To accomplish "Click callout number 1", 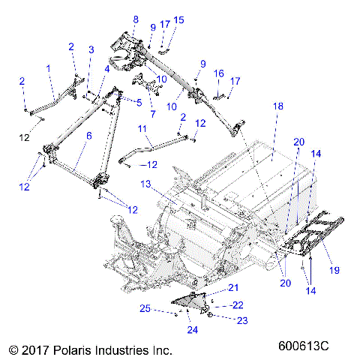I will (48, 68).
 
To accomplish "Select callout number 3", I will (90, 49).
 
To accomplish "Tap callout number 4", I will (108, 69).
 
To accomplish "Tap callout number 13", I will (146, 184).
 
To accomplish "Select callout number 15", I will (178, 19).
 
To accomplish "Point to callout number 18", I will (277, 107).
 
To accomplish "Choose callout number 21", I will (233, 288).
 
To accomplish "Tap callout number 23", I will (242, 320).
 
